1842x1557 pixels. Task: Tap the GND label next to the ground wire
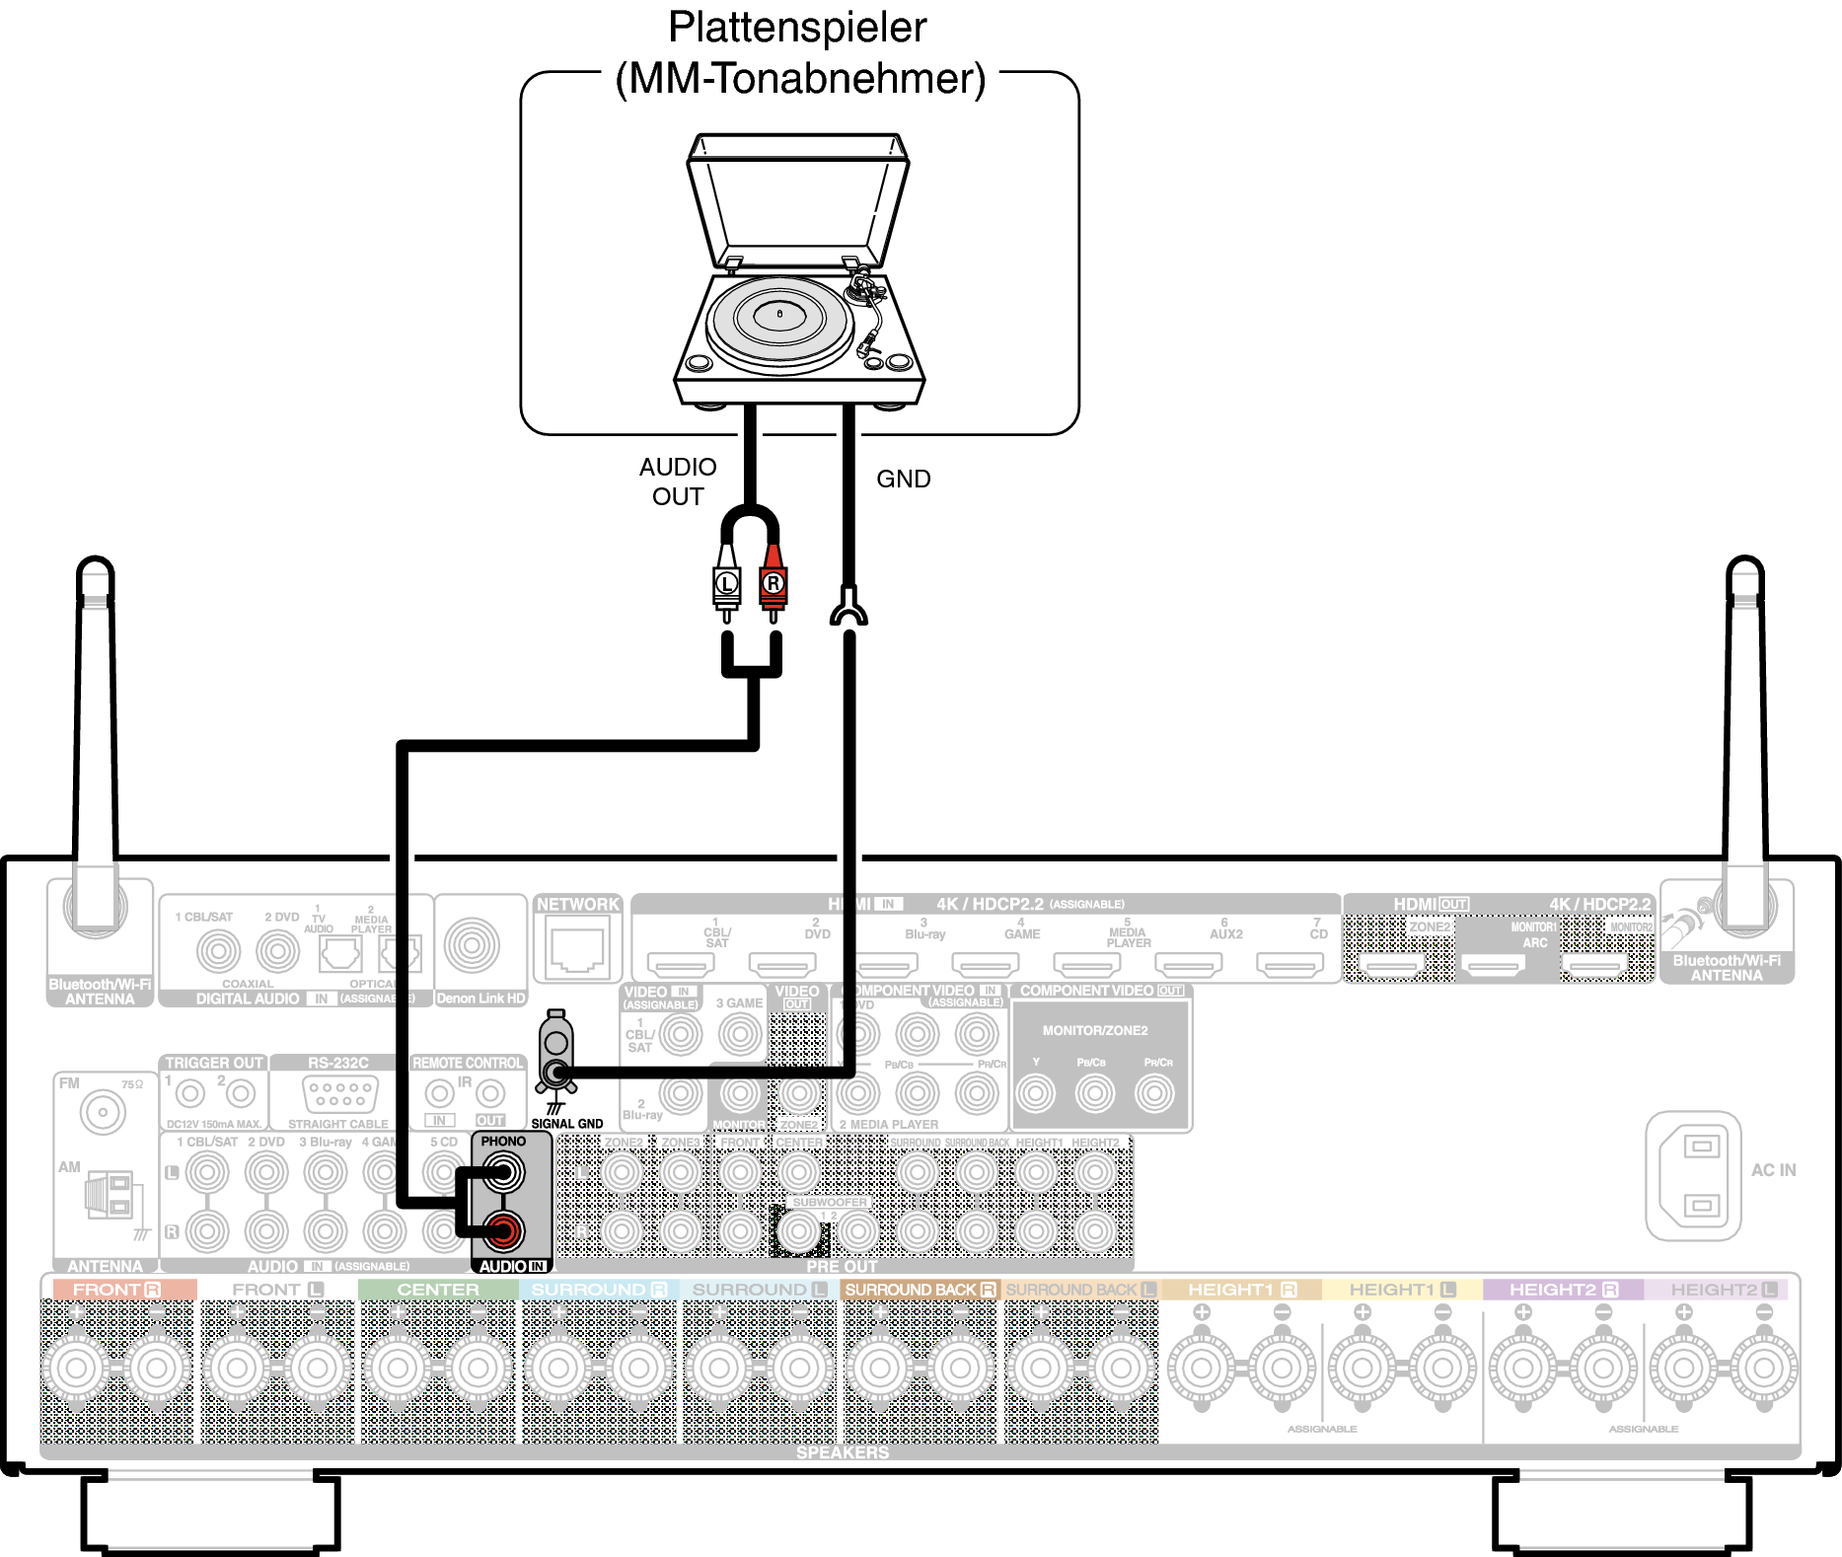[903, 479]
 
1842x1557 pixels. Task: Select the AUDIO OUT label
[678, 482]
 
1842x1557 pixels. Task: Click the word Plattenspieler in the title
[797, 28]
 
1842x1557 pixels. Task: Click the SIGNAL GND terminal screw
[558, 1073]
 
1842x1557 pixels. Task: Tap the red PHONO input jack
[503, 1230]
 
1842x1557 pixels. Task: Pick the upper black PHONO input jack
[503, 1173]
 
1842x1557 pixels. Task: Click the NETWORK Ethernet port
[577, 947]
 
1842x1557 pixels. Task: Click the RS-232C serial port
[339, 1094]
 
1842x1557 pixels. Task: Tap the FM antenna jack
[103, 1113]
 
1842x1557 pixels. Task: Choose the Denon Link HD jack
[472, 945]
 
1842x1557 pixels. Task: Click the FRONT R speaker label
[116, 1290]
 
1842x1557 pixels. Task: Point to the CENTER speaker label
[438, 1290]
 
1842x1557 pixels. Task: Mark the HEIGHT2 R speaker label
[1563, 1290]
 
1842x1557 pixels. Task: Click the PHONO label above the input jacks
[503, 1142]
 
